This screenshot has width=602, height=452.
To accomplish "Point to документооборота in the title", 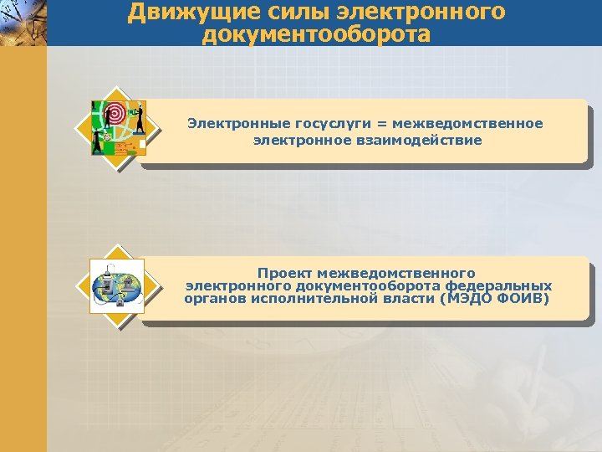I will tap(317, 34).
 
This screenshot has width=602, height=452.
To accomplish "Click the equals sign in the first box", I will tap(383, 124).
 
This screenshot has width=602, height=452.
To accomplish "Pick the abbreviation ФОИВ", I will tap(523, 298).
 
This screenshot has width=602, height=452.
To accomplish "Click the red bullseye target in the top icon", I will tap(114, 114).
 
